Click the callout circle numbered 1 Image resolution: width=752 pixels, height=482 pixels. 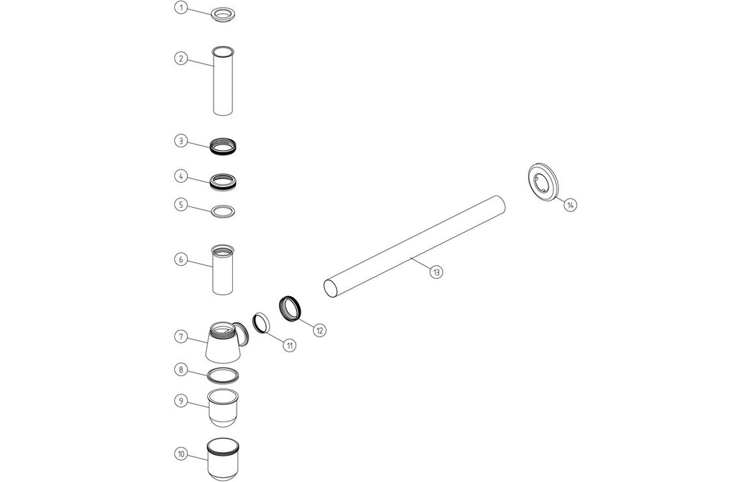181,8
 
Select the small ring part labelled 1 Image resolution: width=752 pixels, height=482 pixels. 223,15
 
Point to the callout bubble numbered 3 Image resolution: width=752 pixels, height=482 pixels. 181,140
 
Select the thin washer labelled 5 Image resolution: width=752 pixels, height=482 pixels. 223,210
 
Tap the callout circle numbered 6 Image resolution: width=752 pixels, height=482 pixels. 181,259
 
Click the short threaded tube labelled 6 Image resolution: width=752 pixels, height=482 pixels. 223,270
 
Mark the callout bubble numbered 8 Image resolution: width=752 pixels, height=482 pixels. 181,370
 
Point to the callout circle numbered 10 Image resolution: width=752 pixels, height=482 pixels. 181,454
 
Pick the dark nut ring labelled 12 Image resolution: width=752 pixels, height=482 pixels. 290,308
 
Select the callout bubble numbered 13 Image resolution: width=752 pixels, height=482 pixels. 436,271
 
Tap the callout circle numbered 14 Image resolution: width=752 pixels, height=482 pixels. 569,205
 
